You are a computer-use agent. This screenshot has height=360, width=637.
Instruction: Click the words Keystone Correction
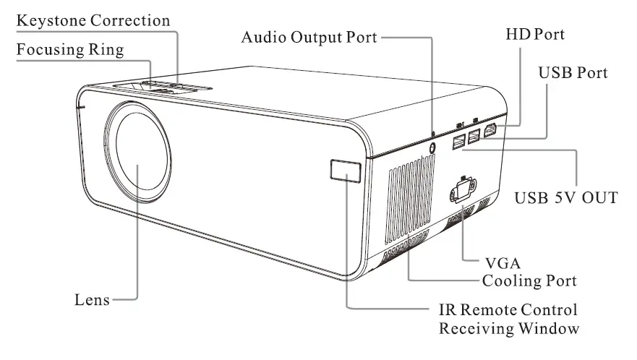coord(94,20)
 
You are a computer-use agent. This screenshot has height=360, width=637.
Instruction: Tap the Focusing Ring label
coord(70,51)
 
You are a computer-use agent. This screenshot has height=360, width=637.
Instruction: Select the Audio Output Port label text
coord(309,37)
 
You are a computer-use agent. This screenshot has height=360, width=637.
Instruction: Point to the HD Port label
coord(535,34)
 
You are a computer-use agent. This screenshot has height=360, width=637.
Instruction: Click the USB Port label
coord(573,74)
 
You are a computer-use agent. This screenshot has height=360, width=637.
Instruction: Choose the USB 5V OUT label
coord(565,197)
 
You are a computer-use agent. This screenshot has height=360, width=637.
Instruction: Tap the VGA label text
coord(496,262)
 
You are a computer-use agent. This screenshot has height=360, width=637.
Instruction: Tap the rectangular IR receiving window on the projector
coord(345,171)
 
